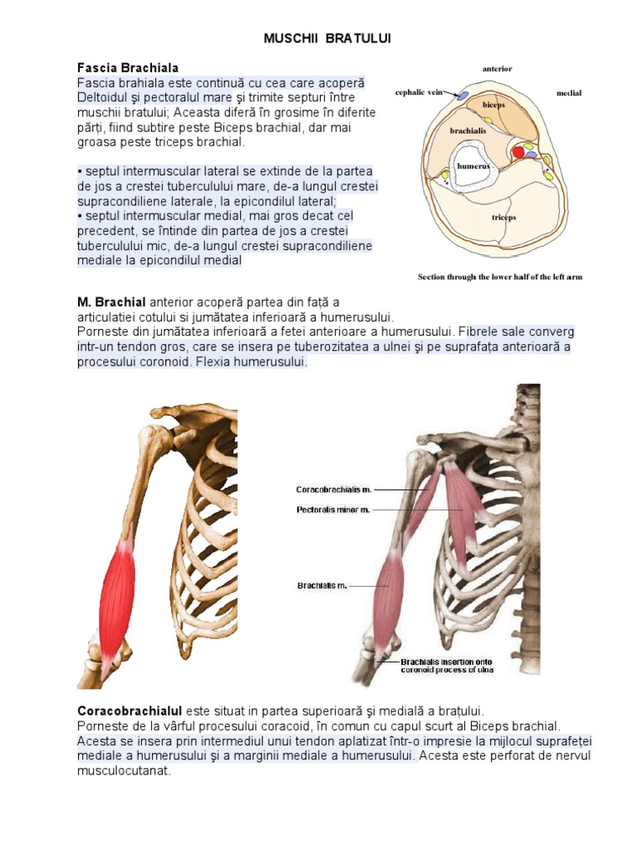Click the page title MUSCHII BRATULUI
(326, 39)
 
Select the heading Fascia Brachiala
(127, 67)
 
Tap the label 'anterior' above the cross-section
(498, 68)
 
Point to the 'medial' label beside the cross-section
(569, 93)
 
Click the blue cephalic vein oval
(461, 96)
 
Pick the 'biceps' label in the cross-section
(495, 106)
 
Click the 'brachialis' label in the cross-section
(469, 130)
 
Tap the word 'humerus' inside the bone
(472, 165)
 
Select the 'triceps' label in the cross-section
(503, 217)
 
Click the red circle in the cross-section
(518, 152)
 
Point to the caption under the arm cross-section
(499, 277)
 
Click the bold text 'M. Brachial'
(111, 302)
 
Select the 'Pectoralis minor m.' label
(333, 509)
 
